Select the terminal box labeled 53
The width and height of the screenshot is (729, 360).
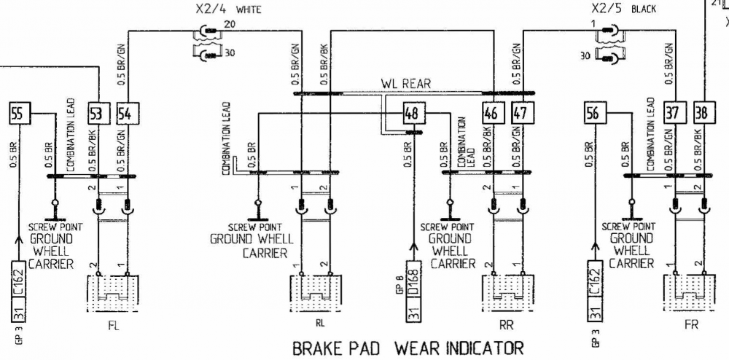click(x=95, y=114)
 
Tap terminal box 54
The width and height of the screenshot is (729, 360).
click(x=124, y=114)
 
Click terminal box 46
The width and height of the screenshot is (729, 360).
click(x=491, y=114)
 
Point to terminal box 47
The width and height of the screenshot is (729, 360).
click(x=519, y=114)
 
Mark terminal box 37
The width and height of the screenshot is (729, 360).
click(x=676, y=114)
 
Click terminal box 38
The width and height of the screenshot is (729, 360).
click(x=704, y=114)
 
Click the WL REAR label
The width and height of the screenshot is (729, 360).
click(x=406, y=84)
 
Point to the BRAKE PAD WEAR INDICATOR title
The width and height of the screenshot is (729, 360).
click(x=408, y=348)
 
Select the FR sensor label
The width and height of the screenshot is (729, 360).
click(x=691, y=326)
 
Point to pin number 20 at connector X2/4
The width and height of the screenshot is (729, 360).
click(x=231, y=25)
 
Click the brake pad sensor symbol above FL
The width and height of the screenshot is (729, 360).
click(x=111, y=294)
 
